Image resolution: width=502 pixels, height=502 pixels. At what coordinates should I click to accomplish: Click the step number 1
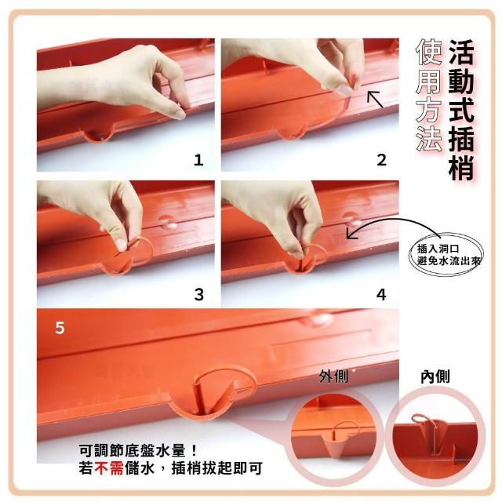[x=198, y=160]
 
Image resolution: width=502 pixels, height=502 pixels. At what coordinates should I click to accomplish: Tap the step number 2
[x=381, y=160]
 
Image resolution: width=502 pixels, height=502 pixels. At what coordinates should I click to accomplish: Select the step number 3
[x=198, y=294]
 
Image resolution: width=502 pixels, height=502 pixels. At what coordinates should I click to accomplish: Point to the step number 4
[x=381, y=294]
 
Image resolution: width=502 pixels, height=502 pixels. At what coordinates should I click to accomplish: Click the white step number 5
[x=60, y=328]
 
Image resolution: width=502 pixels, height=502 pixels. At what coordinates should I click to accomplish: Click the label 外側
[x=333, y=376]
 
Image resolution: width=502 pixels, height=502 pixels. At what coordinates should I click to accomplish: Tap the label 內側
[x=435, y=376]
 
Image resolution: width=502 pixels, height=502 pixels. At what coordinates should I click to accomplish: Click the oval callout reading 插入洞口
[x=446, y=255]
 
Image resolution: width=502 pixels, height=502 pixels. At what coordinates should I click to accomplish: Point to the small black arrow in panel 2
[x=375, y=99]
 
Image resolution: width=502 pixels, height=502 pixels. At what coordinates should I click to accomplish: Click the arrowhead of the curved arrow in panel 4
[x=351, y=234]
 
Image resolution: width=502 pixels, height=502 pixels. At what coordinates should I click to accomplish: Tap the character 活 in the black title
[x=461, y=51]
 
